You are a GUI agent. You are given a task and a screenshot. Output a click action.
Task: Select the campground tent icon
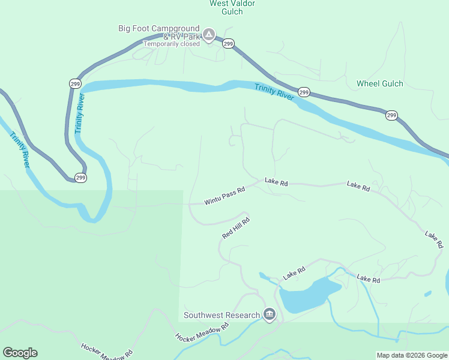[208, 34]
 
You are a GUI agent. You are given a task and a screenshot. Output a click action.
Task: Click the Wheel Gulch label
[380, 83]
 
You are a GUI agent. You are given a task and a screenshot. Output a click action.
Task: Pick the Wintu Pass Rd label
[224, 196]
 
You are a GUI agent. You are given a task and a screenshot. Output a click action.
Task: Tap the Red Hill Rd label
[235, 229]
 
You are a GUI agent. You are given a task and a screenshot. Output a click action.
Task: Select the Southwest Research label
[221, 315]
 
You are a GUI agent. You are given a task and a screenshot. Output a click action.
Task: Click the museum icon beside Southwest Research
[269, 314]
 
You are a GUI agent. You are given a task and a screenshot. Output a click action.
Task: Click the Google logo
[20, 353]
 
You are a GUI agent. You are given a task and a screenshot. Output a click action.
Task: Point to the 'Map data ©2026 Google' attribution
[412, 355]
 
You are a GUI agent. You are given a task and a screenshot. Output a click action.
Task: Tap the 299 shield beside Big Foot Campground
[228, 44]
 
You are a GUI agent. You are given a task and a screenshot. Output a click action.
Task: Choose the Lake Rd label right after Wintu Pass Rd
[276, 182]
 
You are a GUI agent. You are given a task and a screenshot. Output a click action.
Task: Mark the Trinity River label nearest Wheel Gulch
[274, 94]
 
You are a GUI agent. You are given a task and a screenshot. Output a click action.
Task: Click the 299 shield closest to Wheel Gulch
[391, 115]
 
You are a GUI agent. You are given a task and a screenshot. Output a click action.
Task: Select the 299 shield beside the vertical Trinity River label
[74, 83]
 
